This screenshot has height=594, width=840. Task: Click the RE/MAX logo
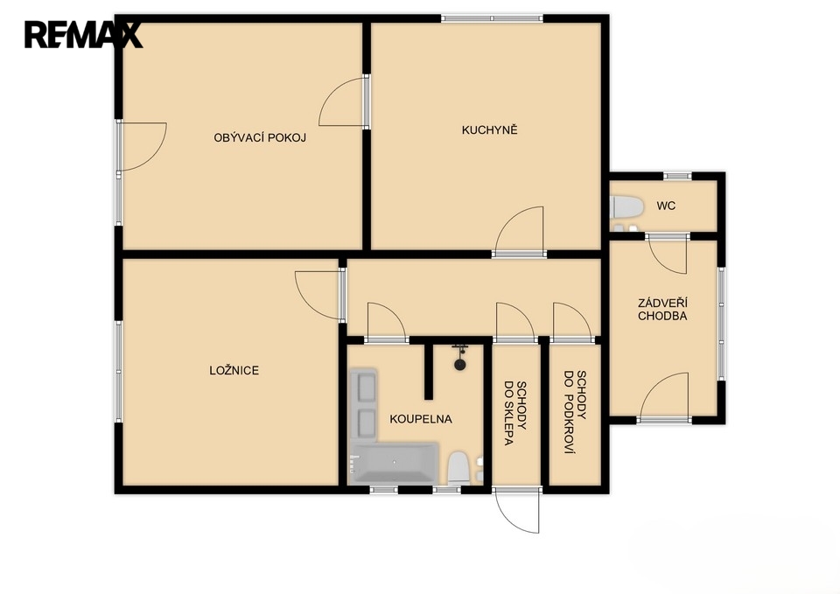(83, 35)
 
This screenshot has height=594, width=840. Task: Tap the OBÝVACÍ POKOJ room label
(260, 137)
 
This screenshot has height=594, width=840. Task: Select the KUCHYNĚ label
(490, 129)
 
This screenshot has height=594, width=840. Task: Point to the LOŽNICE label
(234, 370)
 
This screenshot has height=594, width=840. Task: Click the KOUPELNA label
(421, 419)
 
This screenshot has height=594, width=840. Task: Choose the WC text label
(666, 206)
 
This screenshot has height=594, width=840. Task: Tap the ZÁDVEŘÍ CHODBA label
(662, 310)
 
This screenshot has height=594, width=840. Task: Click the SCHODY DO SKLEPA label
(516, 413)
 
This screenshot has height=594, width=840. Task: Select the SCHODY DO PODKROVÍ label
(575, 412)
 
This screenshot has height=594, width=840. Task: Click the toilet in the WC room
(626, 206)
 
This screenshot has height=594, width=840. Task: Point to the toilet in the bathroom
(458, 468)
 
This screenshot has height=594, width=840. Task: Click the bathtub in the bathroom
(394, 463)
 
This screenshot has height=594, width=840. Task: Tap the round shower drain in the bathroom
(459, 365)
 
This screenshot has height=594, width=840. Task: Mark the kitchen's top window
(493, 18)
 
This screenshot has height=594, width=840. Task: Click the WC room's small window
(677, 176)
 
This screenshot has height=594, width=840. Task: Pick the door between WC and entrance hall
(668, 254)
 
